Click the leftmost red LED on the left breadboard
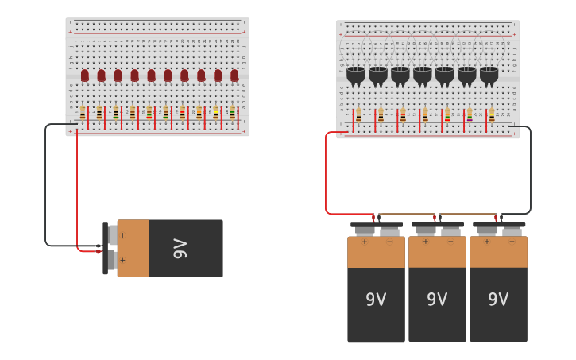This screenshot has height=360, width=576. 85,75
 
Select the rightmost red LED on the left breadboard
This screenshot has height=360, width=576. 234,75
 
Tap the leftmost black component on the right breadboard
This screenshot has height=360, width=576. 355,75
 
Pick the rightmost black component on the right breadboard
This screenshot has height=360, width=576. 489,75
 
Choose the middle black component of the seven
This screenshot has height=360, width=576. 422,75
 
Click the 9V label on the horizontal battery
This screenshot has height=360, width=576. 180,249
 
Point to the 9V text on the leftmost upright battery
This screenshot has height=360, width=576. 376,300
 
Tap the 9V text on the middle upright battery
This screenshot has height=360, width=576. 437,300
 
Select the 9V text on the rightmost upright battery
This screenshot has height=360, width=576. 498,300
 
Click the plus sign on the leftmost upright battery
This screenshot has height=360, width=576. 364,242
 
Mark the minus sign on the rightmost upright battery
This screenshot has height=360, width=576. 512,242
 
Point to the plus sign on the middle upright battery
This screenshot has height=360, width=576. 425,242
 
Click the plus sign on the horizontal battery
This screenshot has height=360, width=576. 122,260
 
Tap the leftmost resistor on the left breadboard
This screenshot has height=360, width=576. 83,114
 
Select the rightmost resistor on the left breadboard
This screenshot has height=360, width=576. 232,114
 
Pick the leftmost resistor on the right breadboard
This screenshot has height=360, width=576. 358,114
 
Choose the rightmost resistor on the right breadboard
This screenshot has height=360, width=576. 491,114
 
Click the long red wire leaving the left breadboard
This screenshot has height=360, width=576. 77,191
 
